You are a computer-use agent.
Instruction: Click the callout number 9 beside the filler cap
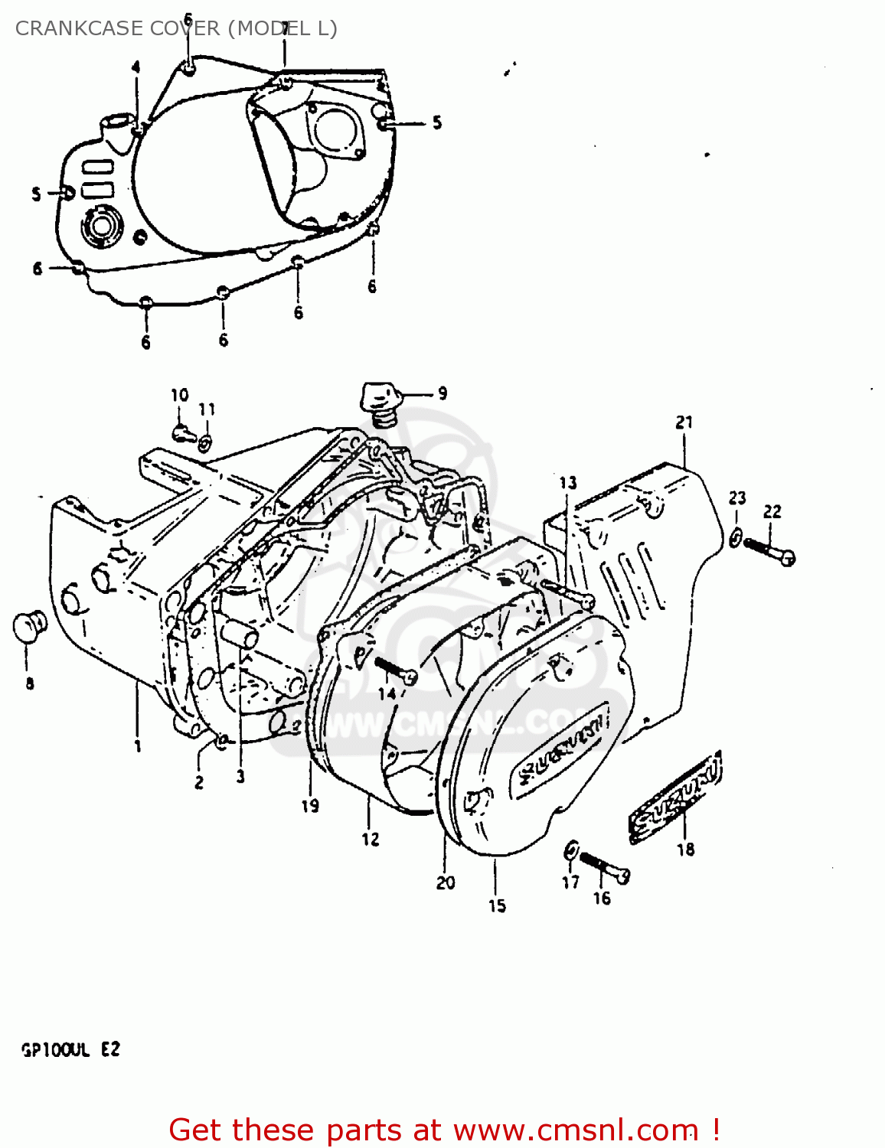point(442,393)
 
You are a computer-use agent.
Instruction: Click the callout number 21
point(684,422)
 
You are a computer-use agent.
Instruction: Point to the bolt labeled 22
point(769,550)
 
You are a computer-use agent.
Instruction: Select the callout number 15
point(497,905)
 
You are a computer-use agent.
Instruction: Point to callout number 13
point(567,482)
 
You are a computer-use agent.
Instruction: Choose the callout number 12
point(371,839)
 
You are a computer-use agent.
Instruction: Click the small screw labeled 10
point(181,434)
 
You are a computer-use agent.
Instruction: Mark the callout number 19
point(310,805)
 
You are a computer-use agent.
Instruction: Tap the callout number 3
point(240,777)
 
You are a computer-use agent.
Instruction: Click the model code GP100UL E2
point(70,1049)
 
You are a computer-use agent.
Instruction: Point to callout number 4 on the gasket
point(136,67)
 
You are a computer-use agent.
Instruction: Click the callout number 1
point(138,745)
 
